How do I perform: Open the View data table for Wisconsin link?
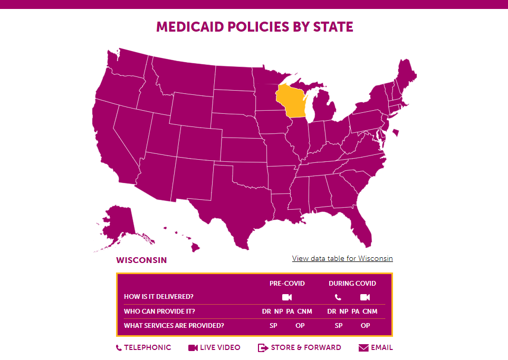(342, 258)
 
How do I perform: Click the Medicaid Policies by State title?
(254, 27)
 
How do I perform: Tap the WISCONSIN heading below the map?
(141, 260)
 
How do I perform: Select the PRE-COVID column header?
(287, 284)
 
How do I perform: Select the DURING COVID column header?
(352, 284)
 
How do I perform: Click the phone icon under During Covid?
(338, 297)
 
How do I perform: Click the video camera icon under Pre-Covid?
(287, 297)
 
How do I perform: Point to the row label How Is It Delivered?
(158, 297)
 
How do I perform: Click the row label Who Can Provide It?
(159, 312)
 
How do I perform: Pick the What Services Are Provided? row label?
(174, 326)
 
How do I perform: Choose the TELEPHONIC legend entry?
(143, 348)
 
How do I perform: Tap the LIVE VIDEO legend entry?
(214, 348)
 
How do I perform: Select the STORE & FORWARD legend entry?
(299, 348)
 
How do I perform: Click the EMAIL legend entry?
(376, 348)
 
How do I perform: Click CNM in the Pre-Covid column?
(304, 312)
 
